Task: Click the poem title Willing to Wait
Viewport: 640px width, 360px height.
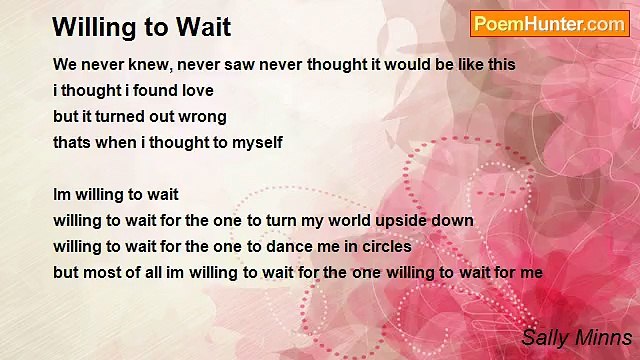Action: (141, 27)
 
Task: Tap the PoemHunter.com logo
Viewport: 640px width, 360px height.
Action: (549, 24)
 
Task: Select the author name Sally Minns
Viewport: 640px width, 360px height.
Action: (576, 337)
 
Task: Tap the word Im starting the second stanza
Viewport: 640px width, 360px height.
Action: (63, 194)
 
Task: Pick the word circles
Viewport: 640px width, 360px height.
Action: (384, 246)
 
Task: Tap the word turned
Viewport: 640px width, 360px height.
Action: (122, 116)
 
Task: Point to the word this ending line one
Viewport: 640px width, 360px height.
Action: (500, 64)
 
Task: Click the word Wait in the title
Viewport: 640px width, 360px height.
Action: (204, 27)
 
